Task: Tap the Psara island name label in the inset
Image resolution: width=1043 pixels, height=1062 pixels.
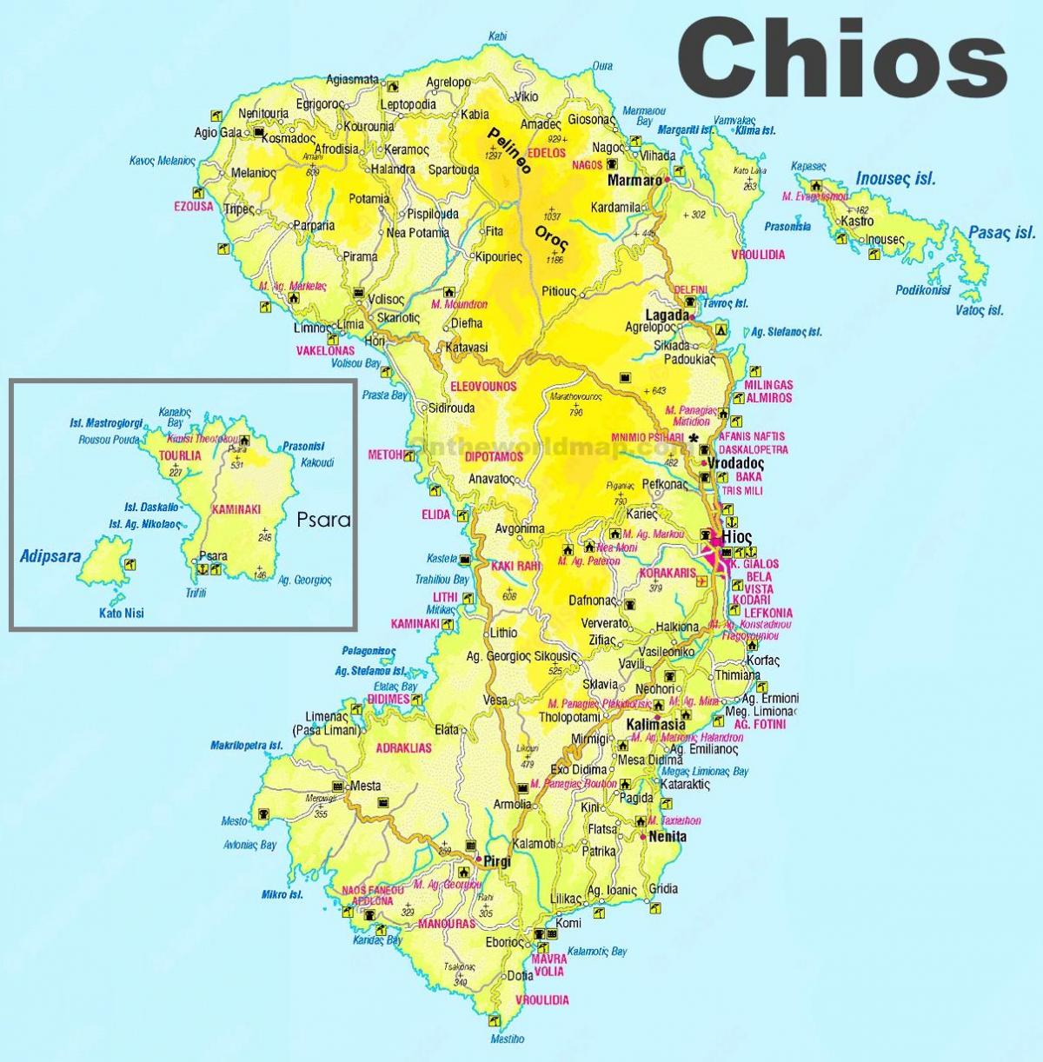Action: (x=323, y=520)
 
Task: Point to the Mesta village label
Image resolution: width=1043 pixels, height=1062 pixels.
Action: (x=365, y=786)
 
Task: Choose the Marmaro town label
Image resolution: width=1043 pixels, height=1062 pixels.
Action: (x=634, y=182)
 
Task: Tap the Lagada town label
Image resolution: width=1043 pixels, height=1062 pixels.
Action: (x=668, y=314)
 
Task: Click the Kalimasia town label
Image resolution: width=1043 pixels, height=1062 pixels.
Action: (x=656, y=724)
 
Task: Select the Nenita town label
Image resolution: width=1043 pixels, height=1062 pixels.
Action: (x=668, y=837)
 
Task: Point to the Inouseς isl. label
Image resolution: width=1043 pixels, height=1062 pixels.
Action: (x=895, y=179)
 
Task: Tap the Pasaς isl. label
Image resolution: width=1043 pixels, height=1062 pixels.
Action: (x=1002, y=233)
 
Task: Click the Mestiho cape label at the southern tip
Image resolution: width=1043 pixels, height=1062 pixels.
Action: (x=507, y=1039)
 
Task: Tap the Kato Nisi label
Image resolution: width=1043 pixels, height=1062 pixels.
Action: (x=121, y=613)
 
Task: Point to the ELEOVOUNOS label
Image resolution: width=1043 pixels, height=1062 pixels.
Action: (x=484, y=386)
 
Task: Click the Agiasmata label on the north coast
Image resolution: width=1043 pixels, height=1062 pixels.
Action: (x=352, y=80)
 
